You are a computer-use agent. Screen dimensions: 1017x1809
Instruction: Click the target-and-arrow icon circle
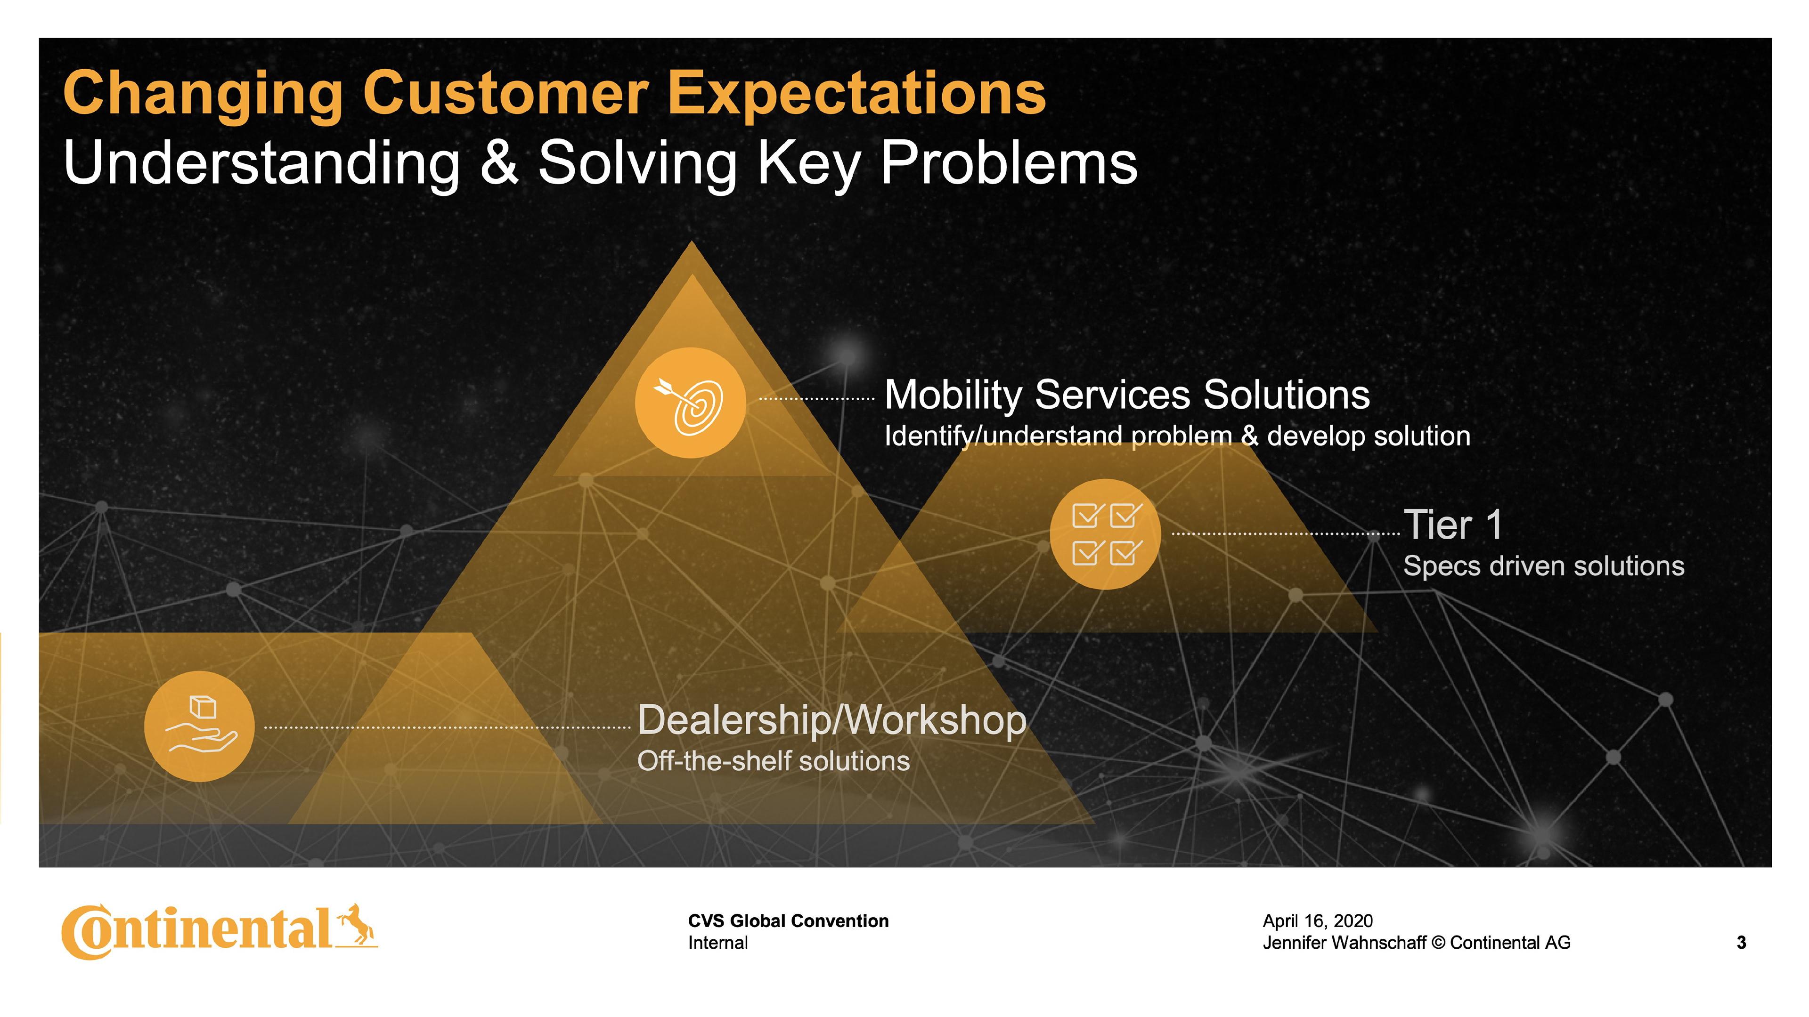click(690, 403)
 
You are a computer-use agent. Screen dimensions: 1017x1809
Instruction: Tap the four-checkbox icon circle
click(1105, 534)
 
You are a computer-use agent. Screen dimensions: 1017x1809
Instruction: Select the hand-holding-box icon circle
click(199, 726)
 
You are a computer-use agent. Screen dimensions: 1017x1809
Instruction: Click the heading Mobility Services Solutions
click(1126, 395)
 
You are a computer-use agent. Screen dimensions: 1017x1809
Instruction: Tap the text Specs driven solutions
click(1543, 565)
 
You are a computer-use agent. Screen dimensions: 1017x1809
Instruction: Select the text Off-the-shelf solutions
click(773, 761)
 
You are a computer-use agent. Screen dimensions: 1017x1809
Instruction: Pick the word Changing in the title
click(203, 95)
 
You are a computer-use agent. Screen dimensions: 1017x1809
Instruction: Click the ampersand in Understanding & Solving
click(499, 163)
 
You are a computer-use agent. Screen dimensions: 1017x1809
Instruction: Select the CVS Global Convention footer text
click(788, 921)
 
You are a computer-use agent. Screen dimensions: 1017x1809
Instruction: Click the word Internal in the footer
click(717, 943)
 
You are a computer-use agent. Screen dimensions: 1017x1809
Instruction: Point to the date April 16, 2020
click(1318, 921)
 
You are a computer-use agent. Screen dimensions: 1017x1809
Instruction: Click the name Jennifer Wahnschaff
click(1344, 943)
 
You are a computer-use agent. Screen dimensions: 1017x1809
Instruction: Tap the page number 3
click(1741, 943)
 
